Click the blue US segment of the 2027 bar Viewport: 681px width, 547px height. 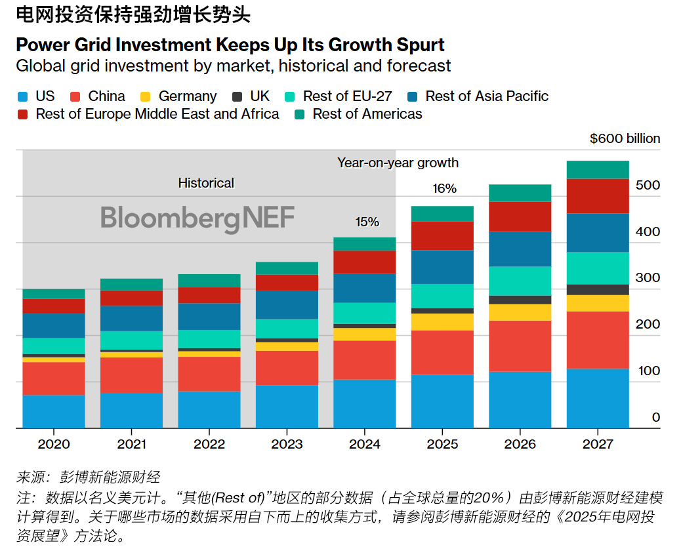pos(598,398)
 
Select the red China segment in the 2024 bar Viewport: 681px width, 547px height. pos(365,360)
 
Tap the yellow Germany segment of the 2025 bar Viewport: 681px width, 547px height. pos(442,322)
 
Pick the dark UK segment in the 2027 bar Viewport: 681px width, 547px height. pos(598,290)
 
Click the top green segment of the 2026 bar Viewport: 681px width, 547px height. pos(520,193)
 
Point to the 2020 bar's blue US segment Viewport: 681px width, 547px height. pos(54,411)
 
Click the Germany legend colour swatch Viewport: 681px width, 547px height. pos(146,96)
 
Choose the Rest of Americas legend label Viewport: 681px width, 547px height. pos(367,114)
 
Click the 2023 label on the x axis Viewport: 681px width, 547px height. pos(287,445)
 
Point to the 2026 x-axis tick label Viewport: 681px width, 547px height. pos(520,445)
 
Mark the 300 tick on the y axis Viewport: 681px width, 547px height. pos(648,278)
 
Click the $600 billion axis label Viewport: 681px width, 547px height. pos(625,138)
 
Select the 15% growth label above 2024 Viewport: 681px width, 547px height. pos(367,222)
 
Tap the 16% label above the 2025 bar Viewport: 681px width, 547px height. pos(444,189)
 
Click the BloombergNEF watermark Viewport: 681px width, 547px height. pos(197,218)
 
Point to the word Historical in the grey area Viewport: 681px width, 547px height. pos(206,183)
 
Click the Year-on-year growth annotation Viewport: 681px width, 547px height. pos(398,163)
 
